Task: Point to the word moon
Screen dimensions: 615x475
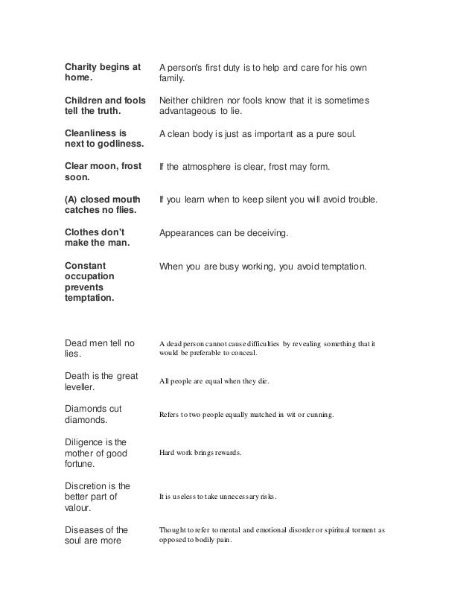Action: point(106,168)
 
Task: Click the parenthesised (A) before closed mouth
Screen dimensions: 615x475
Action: point(72,200)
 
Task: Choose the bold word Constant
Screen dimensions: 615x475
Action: point(86,264)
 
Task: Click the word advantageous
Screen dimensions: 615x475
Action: point(193,112)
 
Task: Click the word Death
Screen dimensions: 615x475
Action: point(80,376)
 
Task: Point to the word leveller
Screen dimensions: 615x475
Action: point(83,388)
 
